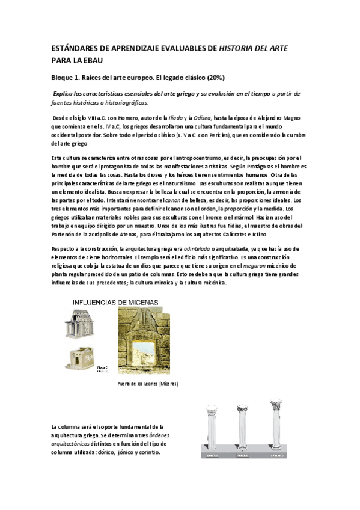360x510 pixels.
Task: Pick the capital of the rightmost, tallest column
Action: point(277,406)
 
